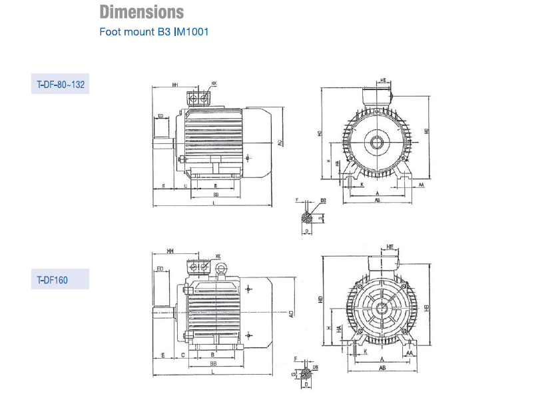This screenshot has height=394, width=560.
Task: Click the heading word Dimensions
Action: point(142,12)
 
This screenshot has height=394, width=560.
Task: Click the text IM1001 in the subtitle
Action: point(192,31)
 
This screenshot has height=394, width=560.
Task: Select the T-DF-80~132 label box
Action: point(60,85)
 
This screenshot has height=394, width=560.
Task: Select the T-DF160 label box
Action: point(60,280)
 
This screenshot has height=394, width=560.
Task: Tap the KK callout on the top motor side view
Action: point(214,85)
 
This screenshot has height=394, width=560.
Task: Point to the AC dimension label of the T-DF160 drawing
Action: point(291,313)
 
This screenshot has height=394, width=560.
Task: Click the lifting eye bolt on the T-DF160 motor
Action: point(221,269)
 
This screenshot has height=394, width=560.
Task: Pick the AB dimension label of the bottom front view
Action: point(383,368)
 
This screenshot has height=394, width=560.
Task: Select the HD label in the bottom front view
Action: point(321,301)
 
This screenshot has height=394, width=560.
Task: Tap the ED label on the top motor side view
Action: point(160,116)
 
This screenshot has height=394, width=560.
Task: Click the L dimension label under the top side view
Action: point(213,201)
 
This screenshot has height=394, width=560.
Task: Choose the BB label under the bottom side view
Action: point(213,364)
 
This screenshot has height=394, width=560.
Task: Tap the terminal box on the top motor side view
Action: point(198,99)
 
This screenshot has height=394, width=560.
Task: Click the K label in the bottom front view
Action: point(365,350)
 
